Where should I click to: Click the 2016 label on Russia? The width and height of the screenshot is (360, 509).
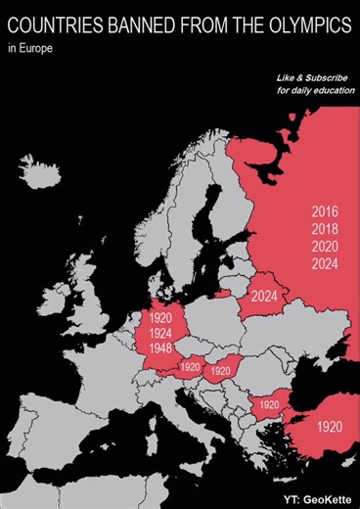pyautogui.click(x=325, y=211)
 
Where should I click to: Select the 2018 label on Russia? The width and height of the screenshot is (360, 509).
pyautogui.click(x=325, y=229)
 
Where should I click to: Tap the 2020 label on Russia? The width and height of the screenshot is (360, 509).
pyautogui.click(x=325, y=247)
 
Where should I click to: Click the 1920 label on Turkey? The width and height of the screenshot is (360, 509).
pyautogui.click(x=331, y=428)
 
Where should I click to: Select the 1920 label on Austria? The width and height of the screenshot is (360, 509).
pyautogui.click(x=190, y=367)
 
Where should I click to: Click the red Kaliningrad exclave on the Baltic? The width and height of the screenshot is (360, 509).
pyautogui.click(x=225, y=292)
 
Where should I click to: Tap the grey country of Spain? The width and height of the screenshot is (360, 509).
pyautogui.click(x=59, y=431)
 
